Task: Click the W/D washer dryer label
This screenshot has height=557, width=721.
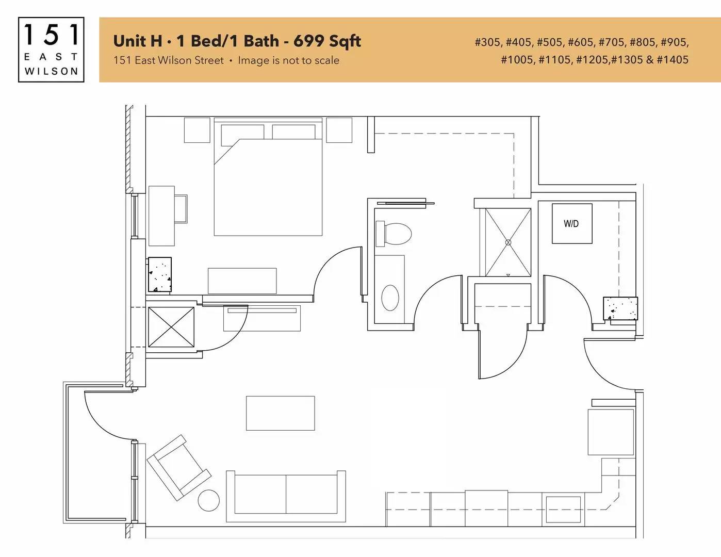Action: tap(571, 224)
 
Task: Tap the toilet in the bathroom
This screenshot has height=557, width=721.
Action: tap(394, 234)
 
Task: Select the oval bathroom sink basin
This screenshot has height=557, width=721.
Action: tap(390, 298)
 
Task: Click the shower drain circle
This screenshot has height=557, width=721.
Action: tap(508, 242)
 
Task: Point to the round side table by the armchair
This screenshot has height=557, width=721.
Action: tap(208, 500)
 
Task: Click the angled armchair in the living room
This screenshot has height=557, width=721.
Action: tap(179, 467)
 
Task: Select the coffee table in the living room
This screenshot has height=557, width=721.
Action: tap(281, 413)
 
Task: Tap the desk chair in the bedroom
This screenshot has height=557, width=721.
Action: tap(181, 209)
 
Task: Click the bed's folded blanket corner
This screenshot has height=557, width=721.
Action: tap(226, 151)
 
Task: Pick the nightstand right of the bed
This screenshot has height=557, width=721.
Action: tap(339, 130)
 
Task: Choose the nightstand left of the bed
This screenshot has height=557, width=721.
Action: tap(197, 130)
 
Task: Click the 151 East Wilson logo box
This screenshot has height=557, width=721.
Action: tap(51, 50)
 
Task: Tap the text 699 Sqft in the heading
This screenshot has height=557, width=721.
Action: tap(327, 41)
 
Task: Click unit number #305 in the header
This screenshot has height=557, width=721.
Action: tap(487, 42)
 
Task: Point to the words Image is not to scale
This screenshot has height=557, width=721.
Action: tap(289, 60)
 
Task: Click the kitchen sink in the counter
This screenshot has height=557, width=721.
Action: tap(563, 509)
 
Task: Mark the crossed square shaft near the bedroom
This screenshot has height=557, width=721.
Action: tap(171, 327)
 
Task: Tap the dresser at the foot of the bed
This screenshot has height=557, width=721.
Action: tap(242, 281)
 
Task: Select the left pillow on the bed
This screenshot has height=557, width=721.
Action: tap(242, 132)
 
